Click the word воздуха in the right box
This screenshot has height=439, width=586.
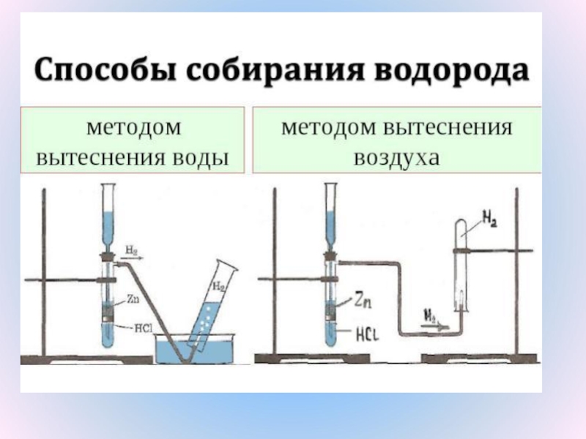pos(396,157)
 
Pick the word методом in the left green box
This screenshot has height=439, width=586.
pos(133,127)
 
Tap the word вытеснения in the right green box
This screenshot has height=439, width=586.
pos(448,127)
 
